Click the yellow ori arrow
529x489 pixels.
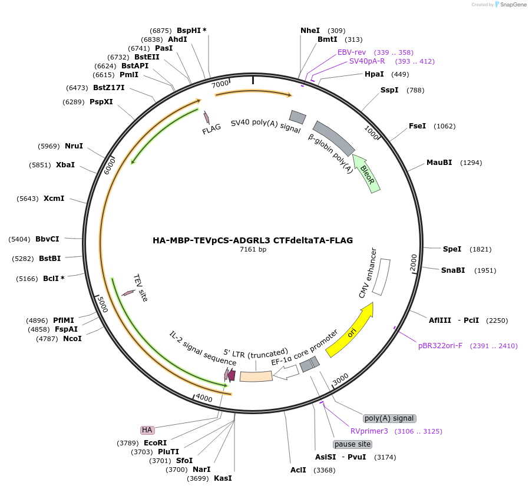point(351,332)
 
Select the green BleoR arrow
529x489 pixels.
point(366,172)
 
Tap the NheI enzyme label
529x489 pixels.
point(310,30)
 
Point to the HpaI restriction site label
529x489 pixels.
point(374,74)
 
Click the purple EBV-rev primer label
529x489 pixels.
point(351,52)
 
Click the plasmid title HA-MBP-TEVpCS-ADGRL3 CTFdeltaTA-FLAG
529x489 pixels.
point(253,240)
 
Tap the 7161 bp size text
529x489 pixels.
point(253,250)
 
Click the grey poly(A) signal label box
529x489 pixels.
point(389,418)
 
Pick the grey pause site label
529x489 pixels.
point(352,444)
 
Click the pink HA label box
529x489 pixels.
point(147,430)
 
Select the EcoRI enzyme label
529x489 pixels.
point(155,442)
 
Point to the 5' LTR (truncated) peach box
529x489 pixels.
point(256,375)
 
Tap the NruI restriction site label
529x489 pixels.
point(74,146)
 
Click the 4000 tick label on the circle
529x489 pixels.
point(204,398)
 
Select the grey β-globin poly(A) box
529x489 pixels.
point(333,138)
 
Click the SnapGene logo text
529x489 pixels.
point(513,5)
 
